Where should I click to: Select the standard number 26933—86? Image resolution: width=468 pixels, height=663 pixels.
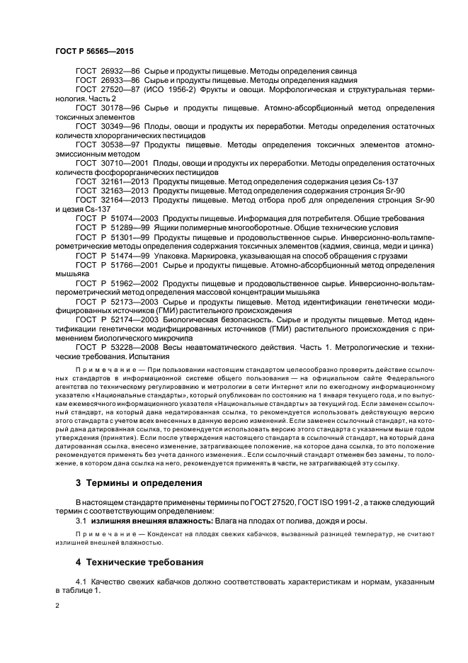point(122,82)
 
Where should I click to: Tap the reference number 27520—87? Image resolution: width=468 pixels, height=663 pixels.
point(122,91)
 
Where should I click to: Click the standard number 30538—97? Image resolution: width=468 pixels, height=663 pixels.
point(122,144)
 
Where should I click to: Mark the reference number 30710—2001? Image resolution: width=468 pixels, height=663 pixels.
point(125,163)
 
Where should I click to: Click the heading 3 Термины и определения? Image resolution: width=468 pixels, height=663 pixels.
point(138,483)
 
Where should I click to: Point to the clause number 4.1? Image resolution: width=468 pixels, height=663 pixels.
point(82,582)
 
